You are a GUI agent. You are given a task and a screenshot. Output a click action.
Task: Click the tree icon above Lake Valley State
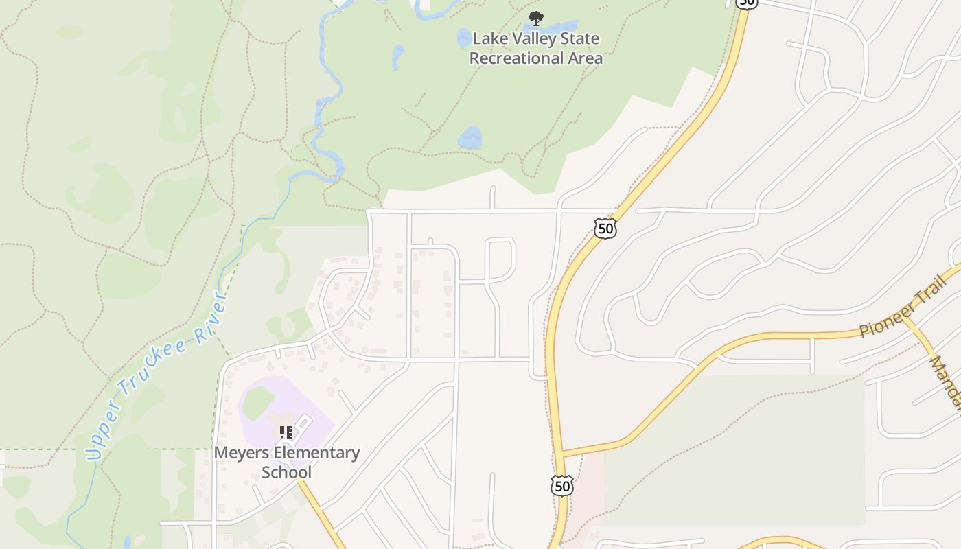coord(535,18)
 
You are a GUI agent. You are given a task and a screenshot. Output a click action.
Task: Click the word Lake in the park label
coord(487,38)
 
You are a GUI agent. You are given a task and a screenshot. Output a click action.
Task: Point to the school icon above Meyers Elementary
coord(286,432)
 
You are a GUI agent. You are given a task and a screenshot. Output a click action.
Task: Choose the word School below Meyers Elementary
coord(286,472)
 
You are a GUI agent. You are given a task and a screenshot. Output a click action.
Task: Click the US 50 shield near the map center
coord(605,228)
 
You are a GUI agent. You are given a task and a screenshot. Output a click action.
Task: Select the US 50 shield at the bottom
coord(561,486)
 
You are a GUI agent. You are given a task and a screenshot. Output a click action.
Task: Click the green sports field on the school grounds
coord(257,403)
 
